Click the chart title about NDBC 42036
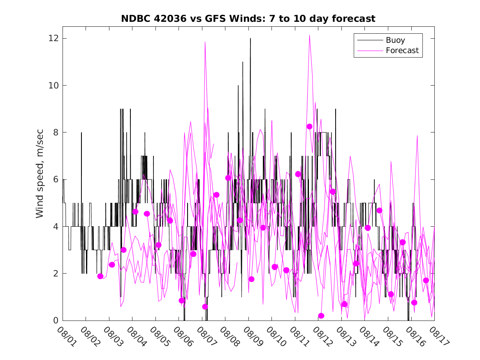point(248,19)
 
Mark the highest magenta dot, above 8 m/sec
point(310,127)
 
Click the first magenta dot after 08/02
point(100,276)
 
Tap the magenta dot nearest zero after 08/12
point(321,316)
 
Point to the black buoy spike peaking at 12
point(250,39)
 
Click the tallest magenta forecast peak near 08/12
point(310,36)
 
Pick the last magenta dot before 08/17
point(426,280)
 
